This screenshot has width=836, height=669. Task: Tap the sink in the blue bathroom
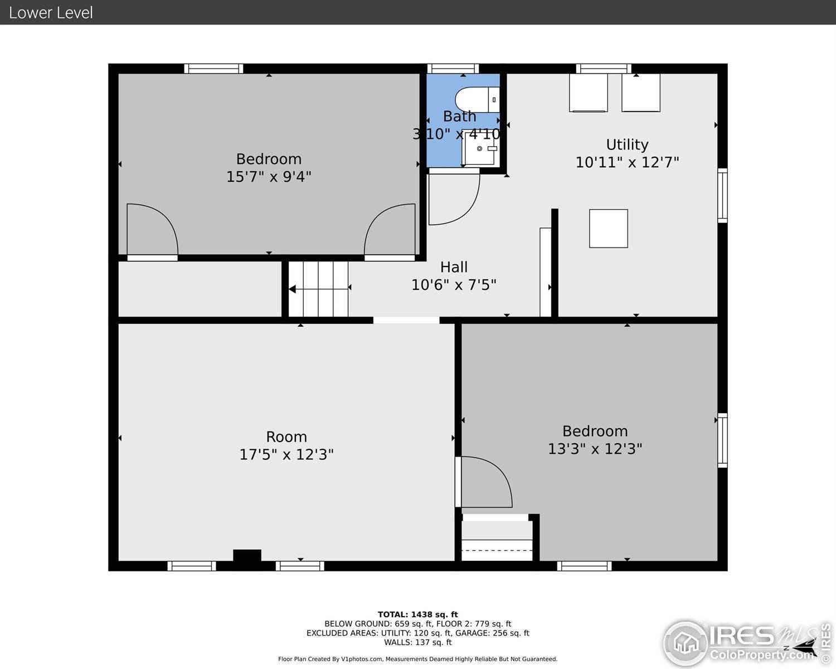click(x=480, y=149)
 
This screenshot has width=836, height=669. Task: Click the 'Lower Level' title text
click(x=51, y=12)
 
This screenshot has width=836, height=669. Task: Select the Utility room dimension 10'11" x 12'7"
click(x=627, y=162)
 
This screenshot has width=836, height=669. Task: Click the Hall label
click(x=454, y=267)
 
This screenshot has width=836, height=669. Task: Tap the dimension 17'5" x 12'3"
click(x=286, y=454)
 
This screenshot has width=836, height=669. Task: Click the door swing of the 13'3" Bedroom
click(x=484, y=482)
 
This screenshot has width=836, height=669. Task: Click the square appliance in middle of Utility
click(x=609, y=229)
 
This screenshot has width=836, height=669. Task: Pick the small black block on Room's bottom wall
click(x=247, y=556)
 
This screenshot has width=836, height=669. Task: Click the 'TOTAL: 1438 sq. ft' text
click(x=417, y=614)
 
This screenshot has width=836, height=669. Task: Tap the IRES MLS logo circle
click(x=686, y=643)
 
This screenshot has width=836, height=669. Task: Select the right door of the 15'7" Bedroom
click(x=390, y=230)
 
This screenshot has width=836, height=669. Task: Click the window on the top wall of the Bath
click(x=453, y=69)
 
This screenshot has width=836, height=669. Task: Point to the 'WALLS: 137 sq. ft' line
click(x=417, y=642)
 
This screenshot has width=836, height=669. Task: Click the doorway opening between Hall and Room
click(x=406, y=320)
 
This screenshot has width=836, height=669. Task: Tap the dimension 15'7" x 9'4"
click(x=269, y=177)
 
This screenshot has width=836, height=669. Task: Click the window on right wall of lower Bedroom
click(x=722, y=440)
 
